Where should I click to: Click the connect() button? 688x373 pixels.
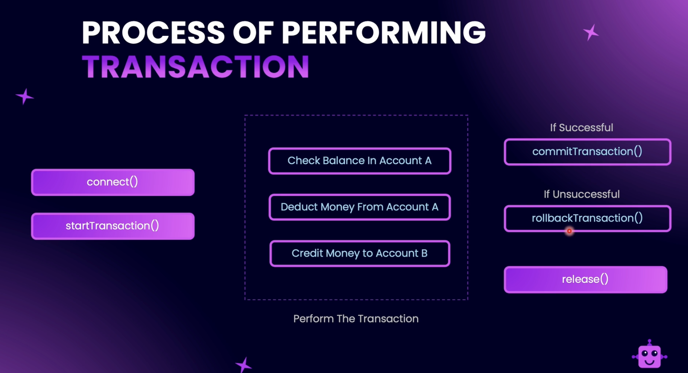point(113,182)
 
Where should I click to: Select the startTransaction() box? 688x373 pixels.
point(113,226)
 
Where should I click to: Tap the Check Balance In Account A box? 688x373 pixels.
point(360,161)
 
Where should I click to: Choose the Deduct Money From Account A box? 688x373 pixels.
point(360,207)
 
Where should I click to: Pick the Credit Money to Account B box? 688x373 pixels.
point(360,253)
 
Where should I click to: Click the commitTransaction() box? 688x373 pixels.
point(588,152)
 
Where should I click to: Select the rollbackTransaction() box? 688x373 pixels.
point(588,218)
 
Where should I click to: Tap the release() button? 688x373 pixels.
point(586,280)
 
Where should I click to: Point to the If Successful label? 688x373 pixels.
point(581,128)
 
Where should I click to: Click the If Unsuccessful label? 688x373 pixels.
point(581,194)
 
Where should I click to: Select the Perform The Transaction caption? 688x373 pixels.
point(356,318)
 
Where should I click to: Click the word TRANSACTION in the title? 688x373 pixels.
point(196,67)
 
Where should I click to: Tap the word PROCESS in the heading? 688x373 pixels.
point(153,32)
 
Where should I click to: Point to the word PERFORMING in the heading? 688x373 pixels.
point(384,32)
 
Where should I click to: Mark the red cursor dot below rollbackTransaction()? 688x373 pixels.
point(569,231)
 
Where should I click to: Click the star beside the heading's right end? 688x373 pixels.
point(591,32)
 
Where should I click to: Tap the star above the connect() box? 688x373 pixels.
point(25,96)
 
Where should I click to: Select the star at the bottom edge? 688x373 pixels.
point(244,365)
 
